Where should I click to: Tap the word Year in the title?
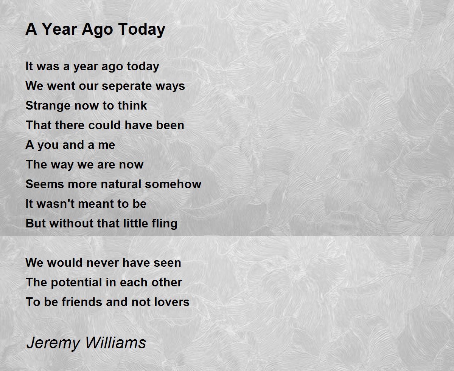59,29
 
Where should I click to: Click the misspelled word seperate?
126,87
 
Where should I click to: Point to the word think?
132,105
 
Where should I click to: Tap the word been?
170,125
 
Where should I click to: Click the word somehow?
173,184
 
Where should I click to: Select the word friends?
82,302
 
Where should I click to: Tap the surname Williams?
116,342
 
